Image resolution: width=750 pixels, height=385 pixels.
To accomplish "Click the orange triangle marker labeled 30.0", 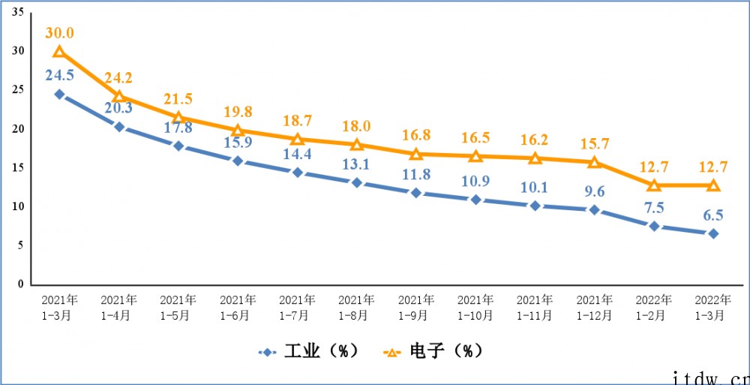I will click(x=58, y=52).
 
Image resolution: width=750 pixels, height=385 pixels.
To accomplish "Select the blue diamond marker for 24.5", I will click(x=58, y=95).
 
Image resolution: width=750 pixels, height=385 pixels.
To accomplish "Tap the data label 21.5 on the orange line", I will click(x=178, y=98).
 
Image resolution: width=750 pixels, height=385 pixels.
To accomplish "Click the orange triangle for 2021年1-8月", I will click(x=356, y=144).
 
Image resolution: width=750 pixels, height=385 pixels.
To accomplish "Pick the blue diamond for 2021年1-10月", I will click(x=475, y=200).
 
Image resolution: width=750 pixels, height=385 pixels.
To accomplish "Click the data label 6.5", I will click(x=712, y=215).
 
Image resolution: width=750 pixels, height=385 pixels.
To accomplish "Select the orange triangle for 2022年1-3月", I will click(x=713, y=185).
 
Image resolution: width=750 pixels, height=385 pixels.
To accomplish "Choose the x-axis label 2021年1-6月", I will click(x=237, y=307).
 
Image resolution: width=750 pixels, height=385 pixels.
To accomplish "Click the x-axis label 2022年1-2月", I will click(x=653, y=307).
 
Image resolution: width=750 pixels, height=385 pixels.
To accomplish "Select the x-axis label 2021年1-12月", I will click(x=594, y=307).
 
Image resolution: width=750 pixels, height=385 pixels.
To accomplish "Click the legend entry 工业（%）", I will click(x=308, y=351).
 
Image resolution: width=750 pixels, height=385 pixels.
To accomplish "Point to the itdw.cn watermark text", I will click(x=709, y=374).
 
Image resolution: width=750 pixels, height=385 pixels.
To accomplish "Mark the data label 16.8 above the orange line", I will click(x=415, y=135).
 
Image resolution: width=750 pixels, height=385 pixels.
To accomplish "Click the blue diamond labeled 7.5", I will click(x=654, y=226).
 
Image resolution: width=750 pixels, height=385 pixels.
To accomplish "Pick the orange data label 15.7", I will click(x=594, y=143).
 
